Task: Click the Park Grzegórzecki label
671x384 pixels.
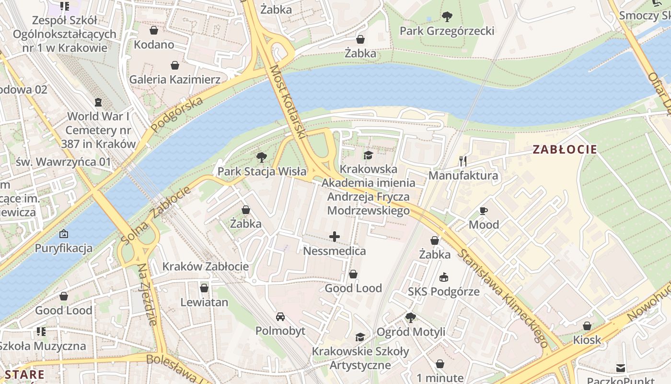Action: pos(447,31)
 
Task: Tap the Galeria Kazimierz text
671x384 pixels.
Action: pos(175,79)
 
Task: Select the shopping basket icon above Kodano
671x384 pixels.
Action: pos(154,31)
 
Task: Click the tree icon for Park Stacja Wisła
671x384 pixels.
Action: pos(261,157)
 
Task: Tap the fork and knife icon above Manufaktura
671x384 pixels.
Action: pos(463,161)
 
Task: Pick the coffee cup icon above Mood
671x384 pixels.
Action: pos(484,211)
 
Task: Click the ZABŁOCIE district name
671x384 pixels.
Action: pos(565,149)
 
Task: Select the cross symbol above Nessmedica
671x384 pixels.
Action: pos(335,236)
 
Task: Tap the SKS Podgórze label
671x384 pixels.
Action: pos(443,291)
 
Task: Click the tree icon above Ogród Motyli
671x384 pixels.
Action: pos(410,317)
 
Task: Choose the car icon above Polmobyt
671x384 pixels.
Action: pos(280,317)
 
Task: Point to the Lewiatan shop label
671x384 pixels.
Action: pos(204,302)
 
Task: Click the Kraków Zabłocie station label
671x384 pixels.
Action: pos(205,266)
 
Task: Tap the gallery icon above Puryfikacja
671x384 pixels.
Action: pos(63,234)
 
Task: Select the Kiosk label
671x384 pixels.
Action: pos(587,340)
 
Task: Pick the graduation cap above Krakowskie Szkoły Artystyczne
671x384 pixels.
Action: pos(360,337)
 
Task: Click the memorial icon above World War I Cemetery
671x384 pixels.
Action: pos(98,102)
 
